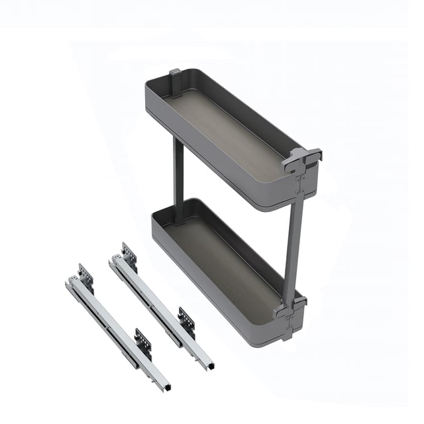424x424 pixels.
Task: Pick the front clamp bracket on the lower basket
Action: pyautogui.click(x=291, y=306)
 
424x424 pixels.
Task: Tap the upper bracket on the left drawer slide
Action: pyautogui.click(x=85, y=274)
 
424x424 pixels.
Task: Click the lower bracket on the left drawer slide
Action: pyautogui.click(x=143, y=343)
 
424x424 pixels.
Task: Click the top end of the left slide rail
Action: pyautogui.click(x=70, y=284)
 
